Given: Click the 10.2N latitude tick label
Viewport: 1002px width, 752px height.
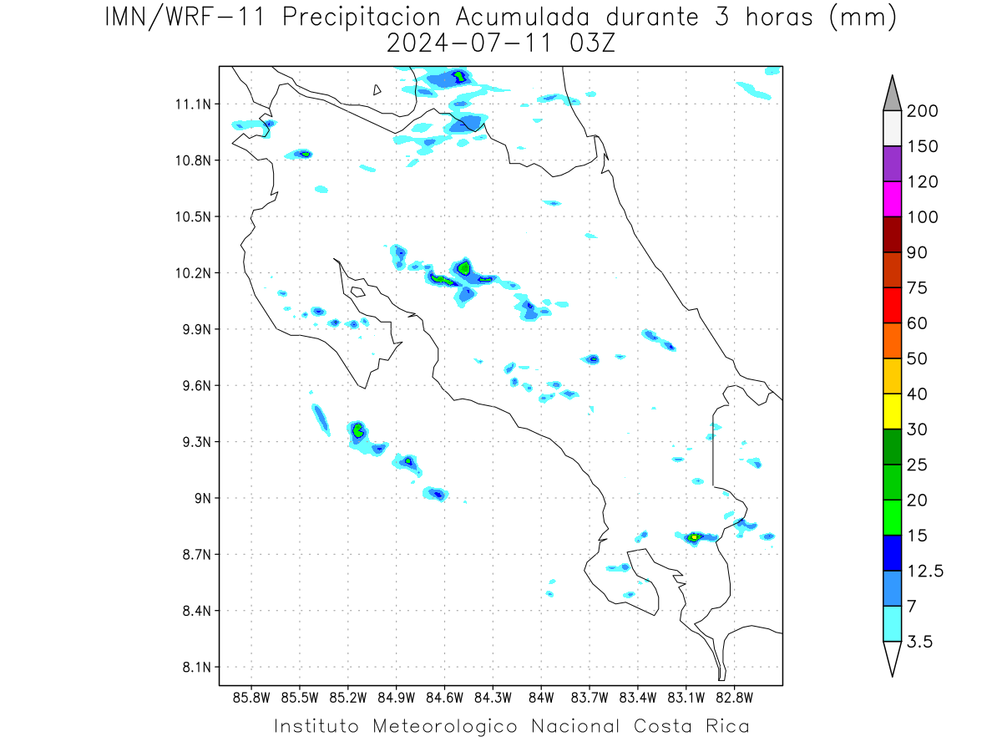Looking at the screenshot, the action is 193,273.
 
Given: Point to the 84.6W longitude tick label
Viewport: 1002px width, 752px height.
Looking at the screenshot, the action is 444,699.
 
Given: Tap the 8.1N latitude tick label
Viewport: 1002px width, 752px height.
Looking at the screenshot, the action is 197,668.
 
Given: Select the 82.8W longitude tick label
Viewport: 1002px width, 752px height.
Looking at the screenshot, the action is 734,699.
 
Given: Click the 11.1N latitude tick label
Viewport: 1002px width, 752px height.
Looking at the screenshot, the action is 193,104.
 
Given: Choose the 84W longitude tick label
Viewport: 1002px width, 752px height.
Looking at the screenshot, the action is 541,699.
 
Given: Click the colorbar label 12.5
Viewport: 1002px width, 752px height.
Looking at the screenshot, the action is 925,572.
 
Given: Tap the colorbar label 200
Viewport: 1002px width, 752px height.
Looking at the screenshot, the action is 922,111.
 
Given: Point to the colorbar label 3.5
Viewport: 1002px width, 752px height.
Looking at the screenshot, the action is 919,642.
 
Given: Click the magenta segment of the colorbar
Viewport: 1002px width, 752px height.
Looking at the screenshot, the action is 892,199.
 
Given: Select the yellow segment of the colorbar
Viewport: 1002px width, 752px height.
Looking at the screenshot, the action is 892,411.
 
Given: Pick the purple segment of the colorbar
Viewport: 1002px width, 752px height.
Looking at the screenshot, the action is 892,164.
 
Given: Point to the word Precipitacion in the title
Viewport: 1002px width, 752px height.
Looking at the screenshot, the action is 362,18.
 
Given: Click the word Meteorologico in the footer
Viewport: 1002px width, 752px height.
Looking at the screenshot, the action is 445,727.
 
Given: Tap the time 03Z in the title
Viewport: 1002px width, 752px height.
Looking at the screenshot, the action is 592,43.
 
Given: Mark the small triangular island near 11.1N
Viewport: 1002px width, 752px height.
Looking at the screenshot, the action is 377,90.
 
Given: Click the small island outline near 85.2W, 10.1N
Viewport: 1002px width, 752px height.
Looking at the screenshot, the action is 358,292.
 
